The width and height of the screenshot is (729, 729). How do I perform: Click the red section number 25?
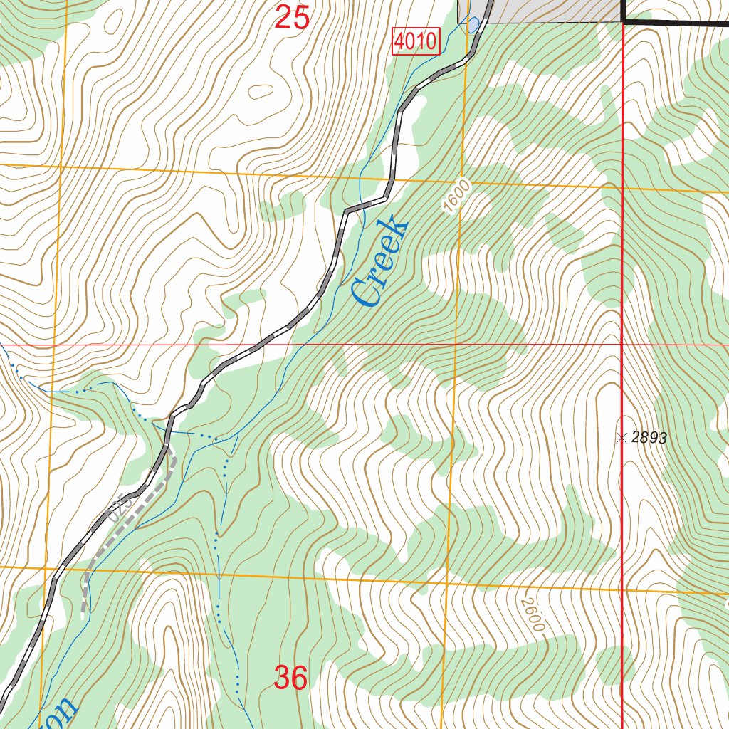(292, 16)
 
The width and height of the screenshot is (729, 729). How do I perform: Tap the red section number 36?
(290, 678)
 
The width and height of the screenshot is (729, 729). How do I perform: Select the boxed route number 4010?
(416, 42)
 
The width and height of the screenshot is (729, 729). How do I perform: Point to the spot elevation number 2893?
(649, 439)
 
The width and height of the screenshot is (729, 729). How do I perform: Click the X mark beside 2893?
(622, 439)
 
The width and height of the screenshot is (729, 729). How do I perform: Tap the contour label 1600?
(456, 197)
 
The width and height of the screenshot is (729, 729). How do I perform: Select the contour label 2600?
(532, 615)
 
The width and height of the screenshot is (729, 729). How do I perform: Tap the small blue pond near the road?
(473, 26)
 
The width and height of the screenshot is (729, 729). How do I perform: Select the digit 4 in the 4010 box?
(401, 42)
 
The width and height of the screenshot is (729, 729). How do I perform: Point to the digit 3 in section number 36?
(282, 678)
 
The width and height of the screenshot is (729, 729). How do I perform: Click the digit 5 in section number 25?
(300, 16)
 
